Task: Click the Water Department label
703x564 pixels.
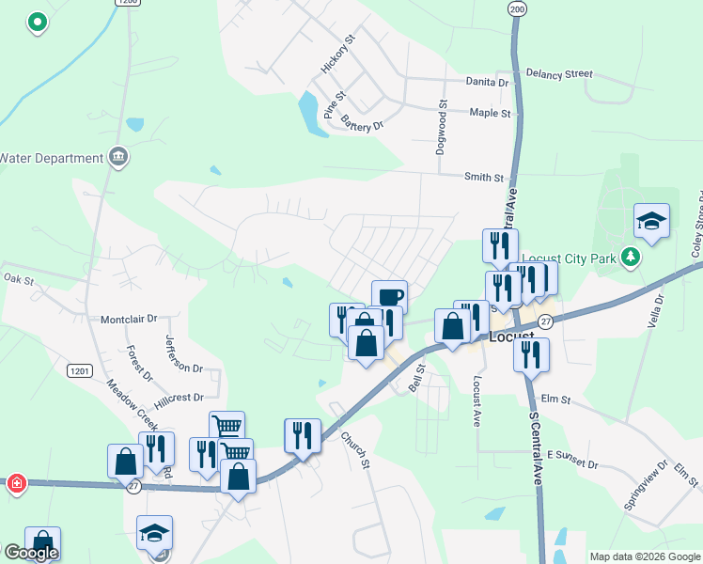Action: [x=51, y=158]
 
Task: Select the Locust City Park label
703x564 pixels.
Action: [x=569, y=258]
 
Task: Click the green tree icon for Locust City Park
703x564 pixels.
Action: [x=634, y=257]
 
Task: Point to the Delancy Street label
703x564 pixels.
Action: [x=559, y=72]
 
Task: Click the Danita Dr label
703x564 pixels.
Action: [x=487, y=82]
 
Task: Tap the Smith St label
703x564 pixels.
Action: [x=484, y=177]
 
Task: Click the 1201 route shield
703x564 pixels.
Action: [x=79, y=371]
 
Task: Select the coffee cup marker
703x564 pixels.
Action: [x=389, y=296]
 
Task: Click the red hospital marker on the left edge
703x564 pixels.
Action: [x=16, y=484]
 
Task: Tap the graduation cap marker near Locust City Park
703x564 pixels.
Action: [x=651, y=221]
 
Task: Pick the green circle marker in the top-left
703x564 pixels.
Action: [x=38, y=21]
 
